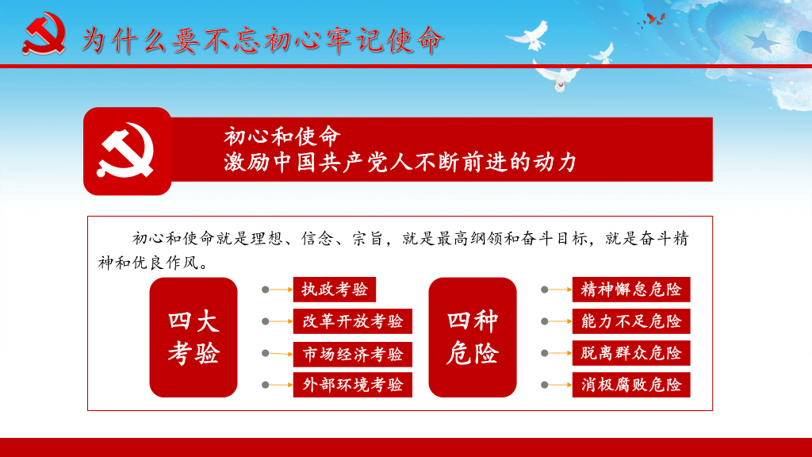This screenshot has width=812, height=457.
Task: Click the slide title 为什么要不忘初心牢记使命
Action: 262,40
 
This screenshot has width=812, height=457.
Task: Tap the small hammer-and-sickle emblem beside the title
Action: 44,33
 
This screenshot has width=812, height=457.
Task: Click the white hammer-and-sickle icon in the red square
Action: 126,150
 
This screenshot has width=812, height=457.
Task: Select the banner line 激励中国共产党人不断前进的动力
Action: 400,162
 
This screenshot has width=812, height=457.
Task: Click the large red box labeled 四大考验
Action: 193,337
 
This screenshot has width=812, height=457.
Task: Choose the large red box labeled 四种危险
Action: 473,337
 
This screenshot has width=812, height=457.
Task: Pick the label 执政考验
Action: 335,289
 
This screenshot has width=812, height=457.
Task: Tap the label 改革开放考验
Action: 353,321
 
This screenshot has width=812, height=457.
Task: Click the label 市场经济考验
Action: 353,354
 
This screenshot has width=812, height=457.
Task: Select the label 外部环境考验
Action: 353,385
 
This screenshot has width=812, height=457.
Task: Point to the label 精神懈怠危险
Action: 631,289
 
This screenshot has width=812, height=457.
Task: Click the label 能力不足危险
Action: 631,321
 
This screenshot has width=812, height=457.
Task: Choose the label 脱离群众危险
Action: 631,353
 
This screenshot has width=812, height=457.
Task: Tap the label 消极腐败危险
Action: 631,385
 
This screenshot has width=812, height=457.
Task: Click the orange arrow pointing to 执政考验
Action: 281,289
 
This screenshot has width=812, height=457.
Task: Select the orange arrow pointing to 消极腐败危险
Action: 560,385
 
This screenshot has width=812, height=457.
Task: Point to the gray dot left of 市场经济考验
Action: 265,353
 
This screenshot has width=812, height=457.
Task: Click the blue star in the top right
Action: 762,41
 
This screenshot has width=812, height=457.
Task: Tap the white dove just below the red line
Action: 557,78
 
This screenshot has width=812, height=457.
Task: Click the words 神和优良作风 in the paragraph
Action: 148,263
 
